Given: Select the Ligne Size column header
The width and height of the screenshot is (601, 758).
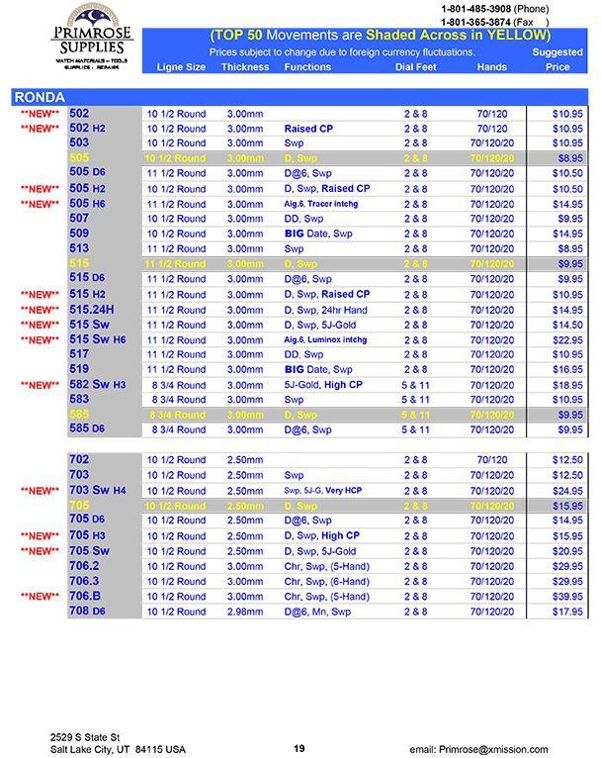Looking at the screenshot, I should (182, 67).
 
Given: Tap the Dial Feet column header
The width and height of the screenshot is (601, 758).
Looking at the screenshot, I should (416, 67).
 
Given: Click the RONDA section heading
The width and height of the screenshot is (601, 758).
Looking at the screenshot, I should (40, 97).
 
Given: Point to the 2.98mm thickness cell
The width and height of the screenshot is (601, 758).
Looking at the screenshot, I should (244, 612).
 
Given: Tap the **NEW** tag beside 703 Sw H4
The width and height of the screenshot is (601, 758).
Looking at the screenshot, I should (41, 491).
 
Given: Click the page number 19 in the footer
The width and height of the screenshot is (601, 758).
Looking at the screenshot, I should (300, 748).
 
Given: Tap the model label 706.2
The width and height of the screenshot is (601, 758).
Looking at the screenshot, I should (85, 566).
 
